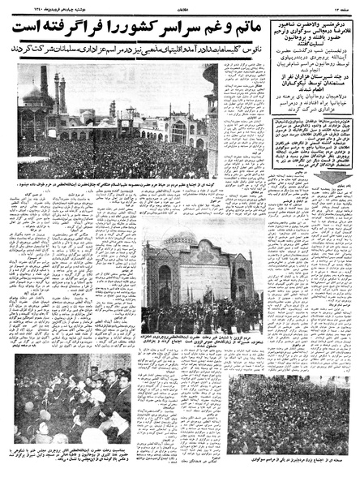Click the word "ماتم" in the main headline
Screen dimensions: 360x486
click(x=221, y=26)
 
